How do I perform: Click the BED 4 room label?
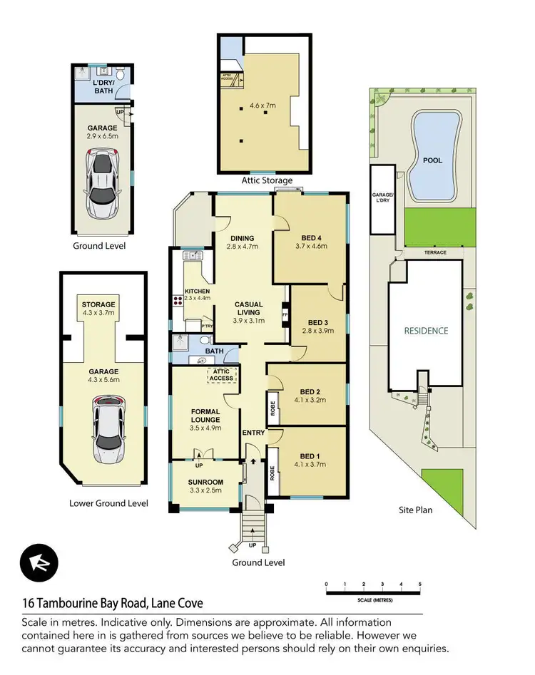(310, 237)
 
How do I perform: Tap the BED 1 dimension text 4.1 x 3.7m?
(310, 464)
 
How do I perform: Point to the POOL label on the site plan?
(432, 160)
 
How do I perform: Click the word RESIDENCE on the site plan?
(426, 331)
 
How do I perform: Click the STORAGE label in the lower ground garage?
(98, 305)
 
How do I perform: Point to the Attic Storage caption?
(264, 181)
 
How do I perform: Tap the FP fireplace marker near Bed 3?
(285, 314)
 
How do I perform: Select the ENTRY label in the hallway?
(253, 433)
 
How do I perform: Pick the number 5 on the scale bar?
(420, 584)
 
